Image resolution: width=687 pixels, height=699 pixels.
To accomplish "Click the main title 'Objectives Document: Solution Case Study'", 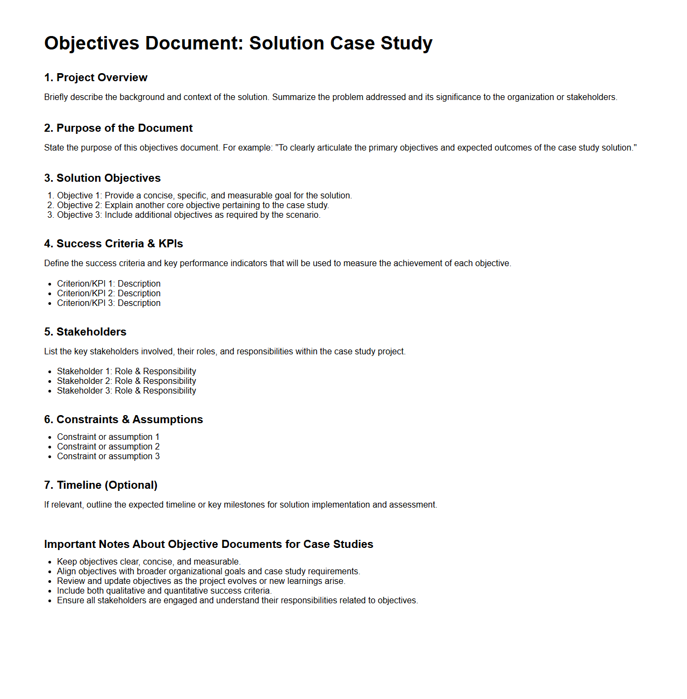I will (x=238, y=43).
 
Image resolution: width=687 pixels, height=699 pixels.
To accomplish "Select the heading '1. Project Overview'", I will (x=96, y=77).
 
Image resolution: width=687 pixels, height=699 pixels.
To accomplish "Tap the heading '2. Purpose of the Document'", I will (x=118, y=128).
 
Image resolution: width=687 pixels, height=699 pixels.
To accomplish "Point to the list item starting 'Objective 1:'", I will (x=204, y=196).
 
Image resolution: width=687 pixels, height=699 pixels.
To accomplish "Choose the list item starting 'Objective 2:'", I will (x=193, y=205).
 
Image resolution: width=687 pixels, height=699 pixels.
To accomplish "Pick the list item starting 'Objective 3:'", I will (x=189, y=215).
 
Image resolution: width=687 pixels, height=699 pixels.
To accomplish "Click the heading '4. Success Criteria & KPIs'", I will (x=113, y=244).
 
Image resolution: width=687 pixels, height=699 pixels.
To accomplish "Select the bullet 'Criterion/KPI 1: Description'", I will (x=109, y=284).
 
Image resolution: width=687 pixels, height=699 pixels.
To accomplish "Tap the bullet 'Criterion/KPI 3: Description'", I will (x=109, y=303).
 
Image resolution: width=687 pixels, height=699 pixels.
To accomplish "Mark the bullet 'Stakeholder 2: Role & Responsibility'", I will (x=126, y=381).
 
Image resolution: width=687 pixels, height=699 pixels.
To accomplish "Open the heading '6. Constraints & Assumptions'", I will (x=124, y=419).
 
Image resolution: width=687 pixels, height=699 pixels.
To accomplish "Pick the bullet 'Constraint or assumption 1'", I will (x=108, y=437).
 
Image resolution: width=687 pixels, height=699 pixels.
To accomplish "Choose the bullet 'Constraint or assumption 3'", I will (x=108, y=457).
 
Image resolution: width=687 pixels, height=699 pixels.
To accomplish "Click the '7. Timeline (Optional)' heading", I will (x=101, y=485).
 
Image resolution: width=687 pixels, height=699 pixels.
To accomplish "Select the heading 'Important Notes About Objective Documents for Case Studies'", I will (x=209, y=544).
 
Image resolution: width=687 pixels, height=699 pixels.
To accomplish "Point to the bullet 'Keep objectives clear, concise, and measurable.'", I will (x=148, y=562).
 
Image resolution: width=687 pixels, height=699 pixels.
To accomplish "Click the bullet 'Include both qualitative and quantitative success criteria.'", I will (x=164, y=591).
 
